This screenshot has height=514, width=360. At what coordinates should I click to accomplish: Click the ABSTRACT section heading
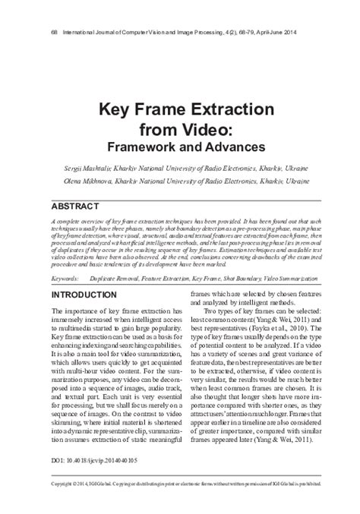pyautogui.click(x=76, y=206)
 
